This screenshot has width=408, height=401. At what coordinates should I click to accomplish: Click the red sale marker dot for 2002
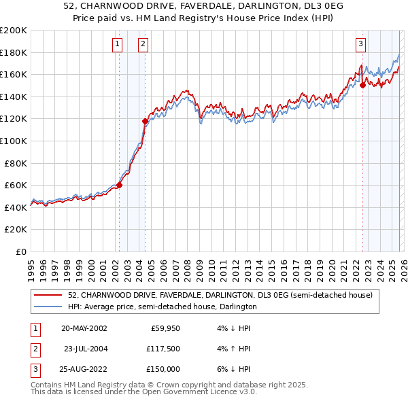tap(119, 185)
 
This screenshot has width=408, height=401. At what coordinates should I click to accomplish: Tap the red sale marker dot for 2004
tap(145, 121)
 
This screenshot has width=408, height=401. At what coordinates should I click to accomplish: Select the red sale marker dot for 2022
tap(362, 85)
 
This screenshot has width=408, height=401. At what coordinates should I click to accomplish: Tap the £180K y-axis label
tap(13, 52)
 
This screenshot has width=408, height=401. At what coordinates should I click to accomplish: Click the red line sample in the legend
tap(48, 296)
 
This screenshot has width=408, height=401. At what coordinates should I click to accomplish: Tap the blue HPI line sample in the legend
tap(48, 307)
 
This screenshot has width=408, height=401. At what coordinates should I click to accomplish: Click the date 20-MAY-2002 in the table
tap(84, 328)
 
